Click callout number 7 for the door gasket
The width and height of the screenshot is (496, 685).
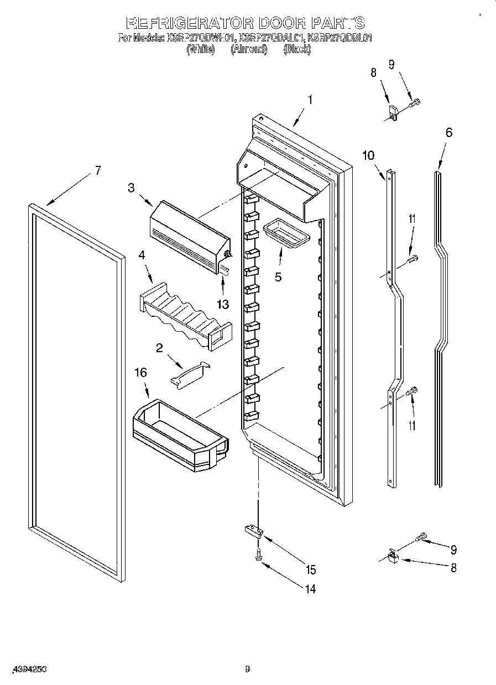(97, 170)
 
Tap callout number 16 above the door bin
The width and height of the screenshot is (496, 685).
(141, 373)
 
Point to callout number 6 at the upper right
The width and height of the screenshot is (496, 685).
(448, 132)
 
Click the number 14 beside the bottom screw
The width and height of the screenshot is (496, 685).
(310, 589)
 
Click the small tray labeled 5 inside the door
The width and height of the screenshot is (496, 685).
(287, 233)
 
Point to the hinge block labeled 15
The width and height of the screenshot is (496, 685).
(254, 531)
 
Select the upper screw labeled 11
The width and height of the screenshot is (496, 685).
(412, 258)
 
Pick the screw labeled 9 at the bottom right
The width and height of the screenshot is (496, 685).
(422, 536)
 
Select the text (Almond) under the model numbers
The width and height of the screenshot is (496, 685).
(249, 49)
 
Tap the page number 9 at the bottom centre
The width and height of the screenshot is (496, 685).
(247, 669)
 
